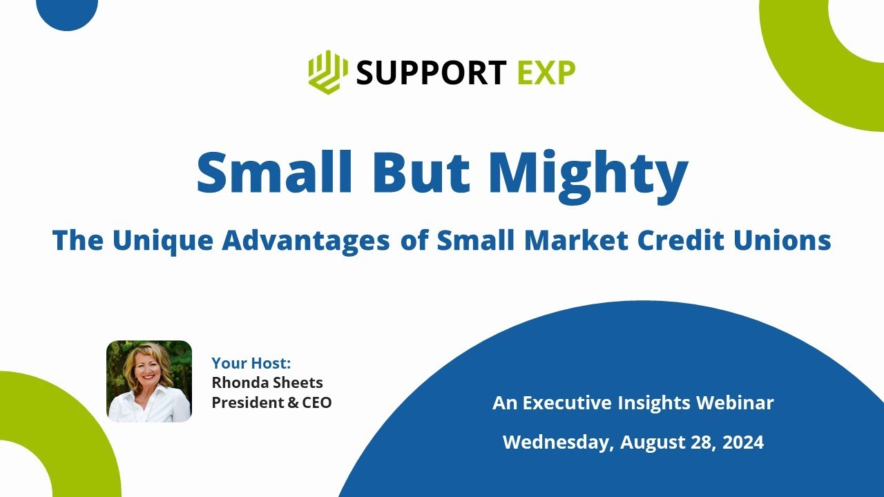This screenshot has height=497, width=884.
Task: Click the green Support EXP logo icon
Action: pyautogui.click(x=327, y=72)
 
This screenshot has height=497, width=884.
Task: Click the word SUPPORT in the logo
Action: pyautogui.click(x=431, y=72)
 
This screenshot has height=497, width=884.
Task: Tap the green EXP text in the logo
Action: pyautogui.click(x=546, y=72)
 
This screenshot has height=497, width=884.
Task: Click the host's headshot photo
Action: pyautogui.click(x=149, y=381)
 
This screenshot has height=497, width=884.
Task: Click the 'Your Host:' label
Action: pyautogui.click(x=251, y=363)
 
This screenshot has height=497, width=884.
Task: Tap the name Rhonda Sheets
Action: pyautogui.click(x=267, y=382)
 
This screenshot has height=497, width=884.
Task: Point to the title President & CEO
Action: pyautogui.click(x=271, y=402)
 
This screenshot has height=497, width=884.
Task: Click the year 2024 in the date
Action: pyautogui.click(x=742, y=442)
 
